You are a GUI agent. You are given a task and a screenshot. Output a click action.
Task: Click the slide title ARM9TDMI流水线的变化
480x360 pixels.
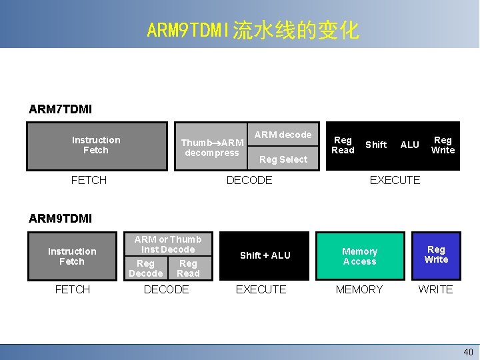click(x=253, y=30)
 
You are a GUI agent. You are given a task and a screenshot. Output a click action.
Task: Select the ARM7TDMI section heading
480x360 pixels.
click(x=61, y=108)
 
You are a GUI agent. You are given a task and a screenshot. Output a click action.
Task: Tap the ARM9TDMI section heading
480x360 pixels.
click(x=61, y=218)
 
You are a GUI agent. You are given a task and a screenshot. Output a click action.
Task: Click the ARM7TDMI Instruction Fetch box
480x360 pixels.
click(x=96, y=145)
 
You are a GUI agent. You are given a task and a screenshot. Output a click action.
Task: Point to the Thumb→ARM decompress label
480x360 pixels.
click(x=212, y=147)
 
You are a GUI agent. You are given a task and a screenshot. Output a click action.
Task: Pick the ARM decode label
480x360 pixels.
click(x=283, y=135)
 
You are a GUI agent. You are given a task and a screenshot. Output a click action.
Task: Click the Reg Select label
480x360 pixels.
click(x=283, y=159)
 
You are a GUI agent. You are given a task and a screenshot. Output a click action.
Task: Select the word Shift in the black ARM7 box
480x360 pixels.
click(x=376, y=145)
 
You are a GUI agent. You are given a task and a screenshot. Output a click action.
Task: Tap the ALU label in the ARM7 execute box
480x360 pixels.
click(x=409, y=145)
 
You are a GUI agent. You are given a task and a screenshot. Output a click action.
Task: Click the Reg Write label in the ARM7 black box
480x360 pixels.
click(x=443, y=145)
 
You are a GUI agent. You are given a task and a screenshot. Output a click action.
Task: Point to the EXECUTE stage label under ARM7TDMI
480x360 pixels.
click(x=395, y=180)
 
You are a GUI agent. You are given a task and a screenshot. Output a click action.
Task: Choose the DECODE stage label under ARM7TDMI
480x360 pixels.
click(x=249, y=180)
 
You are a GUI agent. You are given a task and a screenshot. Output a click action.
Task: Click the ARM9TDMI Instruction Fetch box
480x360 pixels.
click(x=72, y=256)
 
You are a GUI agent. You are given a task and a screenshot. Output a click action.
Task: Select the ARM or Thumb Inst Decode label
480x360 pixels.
click(x=168, y=244)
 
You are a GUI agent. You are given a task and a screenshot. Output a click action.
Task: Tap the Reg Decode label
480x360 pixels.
click(x=145, y=268)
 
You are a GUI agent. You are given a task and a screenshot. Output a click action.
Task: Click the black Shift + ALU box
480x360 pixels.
click(x=265, y=255)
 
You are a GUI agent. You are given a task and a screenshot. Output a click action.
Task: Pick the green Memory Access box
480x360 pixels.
click(x=359, y=256)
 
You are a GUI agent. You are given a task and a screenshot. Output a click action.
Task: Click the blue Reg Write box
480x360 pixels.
click(x=436, y=255)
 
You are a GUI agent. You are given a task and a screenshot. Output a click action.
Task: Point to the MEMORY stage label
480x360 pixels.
click(x=359, y=289)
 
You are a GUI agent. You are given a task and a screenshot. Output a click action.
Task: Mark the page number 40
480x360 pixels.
click(x=468, y=351)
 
